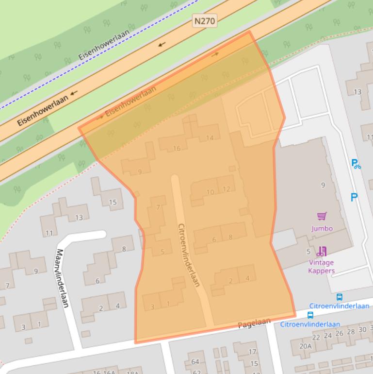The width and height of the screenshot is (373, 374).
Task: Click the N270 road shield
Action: (x=204, y=21)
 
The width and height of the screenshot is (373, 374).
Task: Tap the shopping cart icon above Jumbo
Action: (x=321, y=216)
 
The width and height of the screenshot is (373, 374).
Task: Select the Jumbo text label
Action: (x=322, y=228)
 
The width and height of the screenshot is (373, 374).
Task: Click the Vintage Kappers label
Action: (x=321, y=267)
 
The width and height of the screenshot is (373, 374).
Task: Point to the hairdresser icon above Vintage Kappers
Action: (x=322, y=251)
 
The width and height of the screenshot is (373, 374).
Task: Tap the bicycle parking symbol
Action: (x=356, y=164)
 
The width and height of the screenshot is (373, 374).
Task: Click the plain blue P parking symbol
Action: (x=354, y=197)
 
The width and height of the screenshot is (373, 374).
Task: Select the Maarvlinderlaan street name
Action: (x=63, y=278)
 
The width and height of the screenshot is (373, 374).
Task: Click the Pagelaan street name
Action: (x=254, y=323)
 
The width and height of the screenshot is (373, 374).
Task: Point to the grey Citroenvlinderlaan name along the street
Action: (x=189, y=255)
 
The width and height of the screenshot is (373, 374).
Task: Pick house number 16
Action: (x=177, y=148)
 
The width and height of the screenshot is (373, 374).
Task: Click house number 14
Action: (x=210, y=138)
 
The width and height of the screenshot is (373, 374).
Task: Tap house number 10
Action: (x=210, y=192)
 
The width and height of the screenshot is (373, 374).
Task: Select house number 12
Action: (x=227, y=189)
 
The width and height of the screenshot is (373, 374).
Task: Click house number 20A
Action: (x=305, y=346)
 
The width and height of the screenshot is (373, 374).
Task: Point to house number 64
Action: (x=195, y=362)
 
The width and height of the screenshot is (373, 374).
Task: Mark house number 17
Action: (x=252, y=352)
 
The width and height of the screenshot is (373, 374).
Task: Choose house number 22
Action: (x=316, y=337)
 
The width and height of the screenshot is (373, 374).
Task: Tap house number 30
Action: (x=362, y=329)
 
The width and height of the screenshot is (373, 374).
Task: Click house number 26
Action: (x=339, y=333)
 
